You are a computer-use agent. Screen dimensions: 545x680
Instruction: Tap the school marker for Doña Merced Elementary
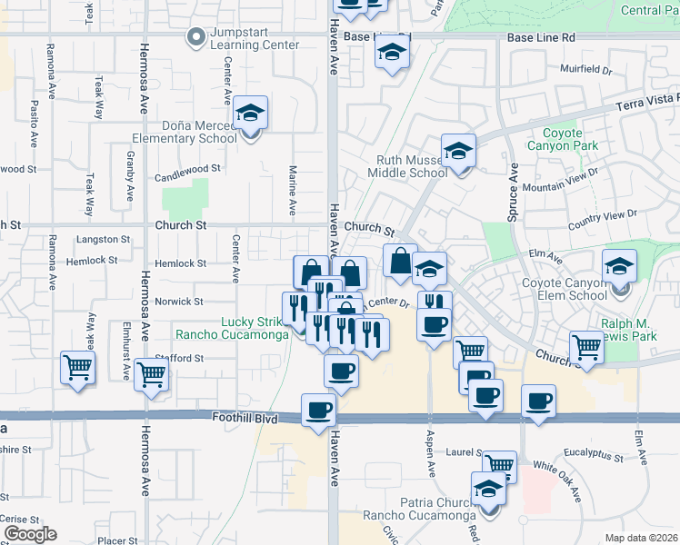click(250, 114)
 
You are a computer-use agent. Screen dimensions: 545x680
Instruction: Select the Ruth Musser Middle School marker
click(459, 152)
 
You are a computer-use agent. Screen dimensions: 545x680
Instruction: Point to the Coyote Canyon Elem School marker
click(619, 267)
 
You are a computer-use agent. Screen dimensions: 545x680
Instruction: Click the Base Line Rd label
click(541, 38)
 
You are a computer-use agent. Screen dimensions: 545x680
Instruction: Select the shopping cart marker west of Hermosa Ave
click(77, 369)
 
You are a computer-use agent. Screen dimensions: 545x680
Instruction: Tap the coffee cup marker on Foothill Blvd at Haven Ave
click(318, 411)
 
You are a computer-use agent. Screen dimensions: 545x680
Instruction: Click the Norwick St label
click(178, 302)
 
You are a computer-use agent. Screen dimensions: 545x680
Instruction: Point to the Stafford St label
click(178, 359)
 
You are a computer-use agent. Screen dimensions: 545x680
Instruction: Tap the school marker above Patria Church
click(488, 490)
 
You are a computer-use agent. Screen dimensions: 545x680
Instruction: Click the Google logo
click(29, 534)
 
